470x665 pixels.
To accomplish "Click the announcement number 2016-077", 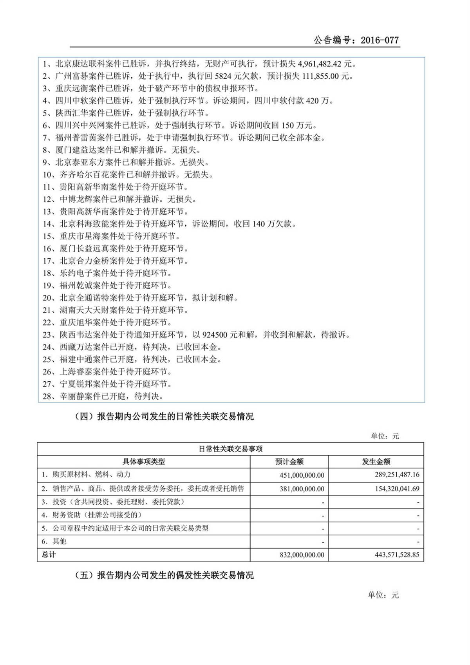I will coord(379,40).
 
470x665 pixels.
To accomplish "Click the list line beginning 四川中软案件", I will coord(188,101).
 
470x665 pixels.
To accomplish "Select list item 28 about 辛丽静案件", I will coord(103,396).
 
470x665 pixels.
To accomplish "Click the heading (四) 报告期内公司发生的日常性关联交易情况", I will coord(164,417).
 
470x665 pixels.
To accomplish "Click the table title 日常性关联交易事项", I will coord(230,449).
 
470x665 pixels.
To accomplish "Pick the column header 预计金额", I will coord(289,462).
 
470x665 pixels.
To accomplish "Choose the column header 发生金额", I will coord(376,462).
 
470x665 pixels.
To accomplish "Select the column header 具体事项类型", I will coord(144,462).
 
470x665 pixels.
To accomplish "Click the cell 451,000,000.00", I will coord(302,475).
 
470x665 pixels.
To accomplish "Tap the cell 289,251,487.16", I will coord(397,475).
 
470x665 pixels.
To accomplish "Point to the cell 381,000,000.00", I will coord(302,489).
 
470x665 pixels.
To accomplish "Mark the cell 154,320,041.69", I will coord(397,489).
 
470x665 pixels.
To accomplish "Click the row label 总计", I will coord(49,554).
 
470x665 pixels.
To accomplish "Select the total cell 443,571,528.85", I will coord(397,554).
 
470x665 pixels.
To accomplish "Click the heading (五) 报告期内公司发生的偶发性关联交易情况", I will coord(164,575).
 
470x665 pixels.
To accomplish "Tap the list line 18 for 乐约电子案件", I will coord(107,273).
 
